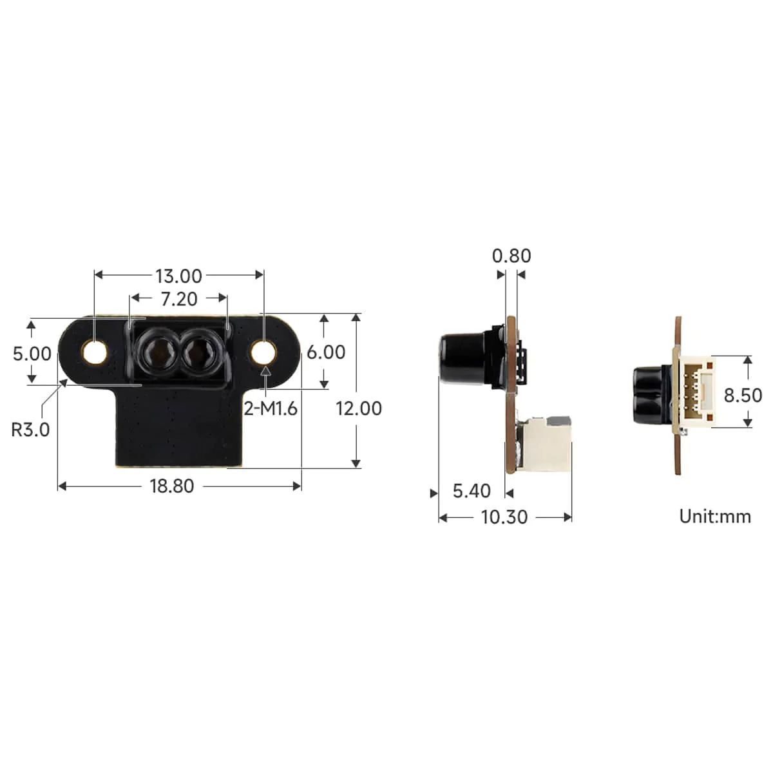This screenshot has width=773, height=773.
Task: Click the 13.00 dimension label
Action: [178, 276]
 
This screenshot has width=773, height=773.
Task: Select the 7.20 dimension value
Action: [179, 299]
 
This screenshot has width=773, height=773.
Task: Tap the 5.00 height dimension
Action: [32, 354]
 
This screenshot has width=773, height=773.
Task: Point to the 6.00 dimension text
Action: [326, 352]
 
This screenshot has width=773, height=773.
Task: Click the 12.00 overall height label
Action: [359, 408]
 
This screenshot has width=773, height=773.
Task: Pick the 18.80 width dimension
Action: [172, 486]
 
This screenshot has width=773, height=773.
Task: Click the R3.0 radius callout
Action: [30, 429]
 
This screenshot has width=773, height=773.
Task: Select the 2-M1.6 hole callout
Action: [271, 408]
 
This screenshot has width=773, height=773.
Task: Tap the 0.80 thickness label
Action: [511, 256]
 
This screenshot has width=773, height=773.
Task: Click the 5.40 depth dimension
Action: [472, 491]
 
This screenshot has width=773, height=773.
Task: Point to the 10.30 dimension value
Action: [504, 517]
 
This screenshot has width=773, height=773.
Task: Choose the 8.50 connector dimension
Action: [743, 395]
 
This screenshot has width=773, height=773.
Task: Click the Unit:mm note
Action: [715, 516]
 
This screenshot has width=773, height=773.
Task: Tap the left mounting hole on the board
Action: [96, 352]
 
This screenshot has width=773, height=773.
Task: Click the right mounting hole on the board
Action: [264, 352]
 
